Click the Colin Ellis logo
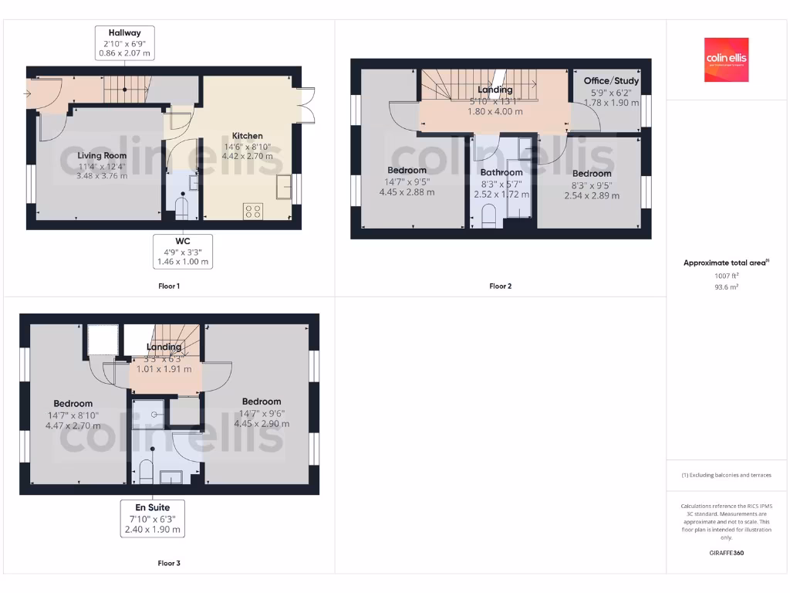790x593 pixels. tap(726, 60)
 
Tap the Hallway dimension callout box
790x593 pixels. tap(125, 43)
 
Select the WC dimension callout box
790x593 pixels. tap(182, 251)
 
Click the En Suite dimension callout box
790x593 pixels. tap(153, 518)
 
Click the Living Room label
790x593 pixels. tap(102, 155)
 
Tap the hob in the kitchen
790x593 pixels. tap(252, 211)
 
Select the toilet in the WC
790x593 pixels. tap(182, 208)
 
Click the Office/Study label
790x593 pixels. tap(611, 81)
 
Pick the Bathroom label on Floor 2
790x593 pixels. tap(501, 172)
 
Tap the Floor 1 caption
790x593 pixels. tap(169, 286)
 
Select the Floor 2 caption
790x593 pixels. tap(500, 286)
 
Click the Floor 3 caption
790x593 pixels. tap(169, 564)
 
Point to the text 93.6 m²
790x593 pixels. tap(726, 286)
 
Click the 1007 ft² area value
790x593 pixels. tap(726, 276)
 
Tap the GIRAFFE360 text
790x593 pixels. tap(726, 553)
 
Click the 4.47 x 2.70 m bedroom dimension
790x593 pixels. tap(73, 425)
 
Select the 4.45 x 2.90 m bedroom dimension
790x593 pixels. tap(262, 423)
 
